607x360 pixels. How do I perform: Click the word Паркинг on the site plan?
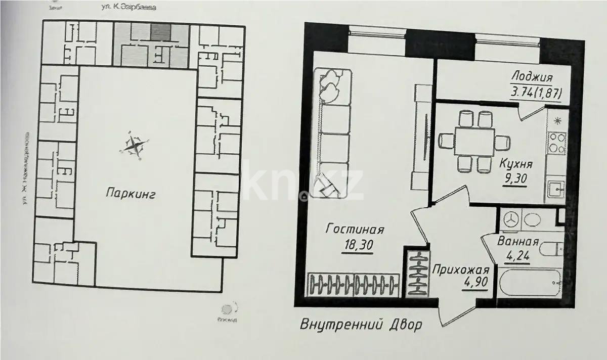pos(131,192)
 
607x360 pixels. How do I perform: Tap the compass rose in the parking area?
pos(135,145)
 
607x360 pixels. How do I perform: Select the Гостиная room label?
pos(355,229)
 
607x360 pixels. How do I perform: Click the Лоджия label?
pos(532,77)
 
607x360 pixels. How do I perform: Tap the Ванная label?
pos(518,242)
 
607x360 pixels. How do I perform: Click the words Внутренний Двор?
pos(361,325)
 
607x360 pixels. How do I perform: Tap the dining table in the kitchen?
pos(473,142)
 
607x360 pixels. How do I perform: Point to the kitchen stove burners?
pos(557,142)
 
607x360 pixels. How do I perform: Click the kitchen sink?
pos(556,190)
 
